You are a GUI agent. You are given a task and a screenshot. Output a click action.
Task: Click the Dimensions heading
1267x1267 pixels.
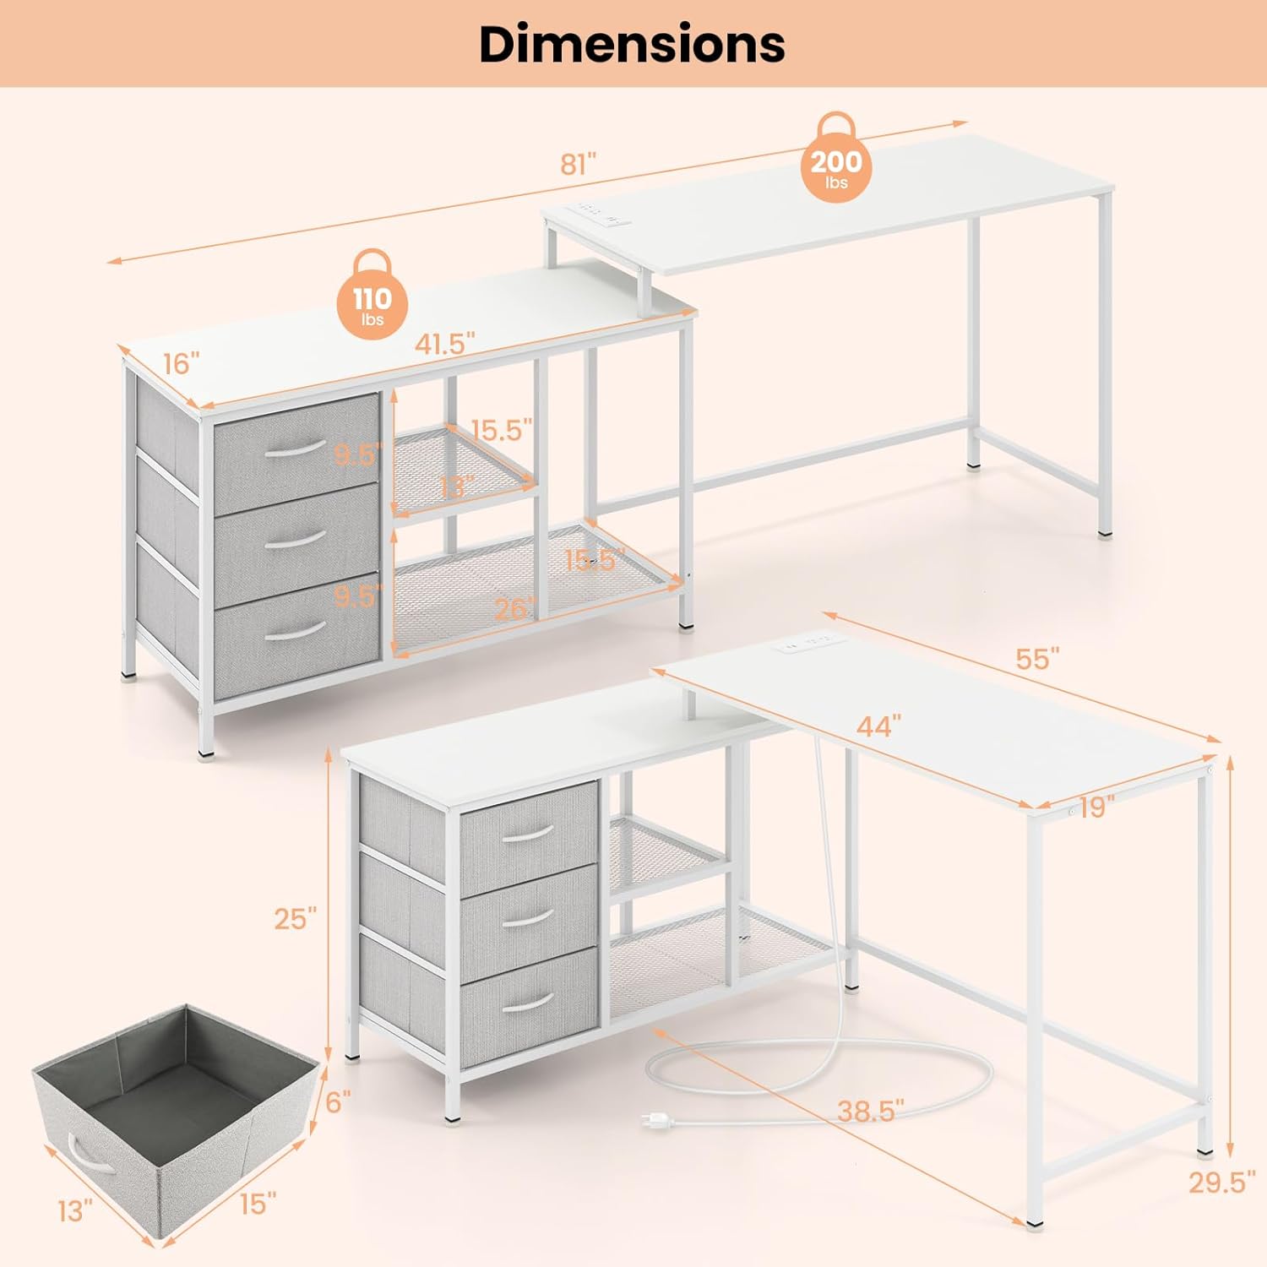tap(632, 44)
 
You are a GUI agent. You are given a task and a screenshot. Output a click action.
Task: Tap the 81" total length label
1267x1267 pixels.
tap(579, 163)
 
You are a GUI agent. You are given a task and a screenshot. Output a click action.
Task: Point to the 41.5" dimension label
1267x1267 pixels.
tap(444, 345)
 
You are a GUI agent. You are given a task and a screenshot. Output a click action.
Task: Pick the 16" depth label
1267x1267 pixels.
tap(181, 364)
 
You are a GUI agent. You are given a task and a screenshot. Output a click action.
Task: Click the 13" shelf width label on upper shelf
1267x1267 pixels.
tap(456, 487)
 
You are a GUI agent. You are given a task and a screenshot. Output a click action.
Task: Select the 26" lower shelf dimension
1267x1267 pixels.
tap(515, 608)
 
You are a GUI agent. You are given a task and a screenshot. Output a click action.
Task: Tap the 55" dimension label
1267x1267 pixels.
tap(1037, 659)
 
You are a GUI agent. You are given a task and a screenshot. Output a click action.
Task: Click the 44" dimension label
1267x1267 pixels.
tap(878, 726)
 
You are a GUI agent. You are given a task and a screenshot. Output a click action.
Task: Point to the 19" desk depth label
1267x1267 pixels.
tap(1096, 808)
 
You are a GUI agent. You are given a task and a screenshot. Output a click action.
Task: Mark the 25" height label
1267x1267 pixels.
tap(296, 918)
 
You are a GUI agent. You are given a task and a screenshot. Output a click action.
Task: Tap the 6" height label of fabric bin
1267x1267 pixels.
tap(338, 1101)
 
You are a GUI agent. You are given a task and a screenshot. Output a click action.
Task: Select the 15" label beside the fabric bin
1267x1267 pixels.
tap(258, 1203)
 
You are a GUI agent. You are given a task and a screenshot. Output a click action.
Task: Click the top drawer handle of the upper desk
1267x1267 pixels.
tap(293, 449)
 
